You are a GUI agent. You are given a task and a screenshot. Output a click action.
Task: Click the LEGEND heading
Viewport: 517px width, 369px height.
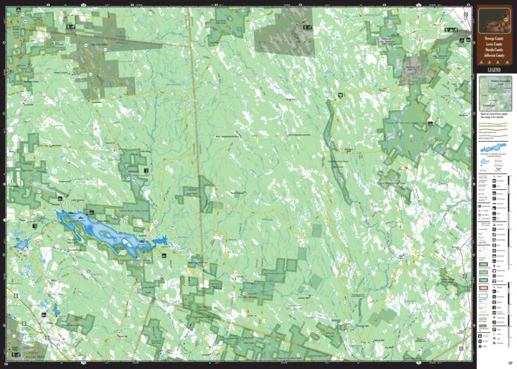click(x=494, y=70)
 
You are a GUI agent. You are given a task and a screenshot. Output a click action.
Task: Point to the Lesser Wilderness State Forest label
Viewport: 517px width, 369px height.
click(x=416, y=121)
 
